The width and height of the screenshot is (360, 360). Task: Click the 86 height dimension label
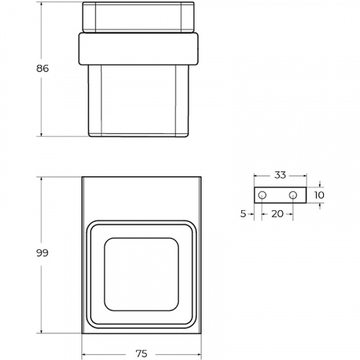point(42,68)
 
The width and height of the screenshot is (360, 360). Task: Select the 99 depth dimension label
point(42,253)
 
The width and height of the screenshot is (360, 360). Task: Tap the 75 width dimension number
point(141,354)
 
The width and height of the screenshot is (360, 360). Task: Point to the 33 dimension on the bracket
point(280,175)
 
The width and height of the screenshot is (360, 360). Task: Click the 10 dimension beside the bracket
point(319,195)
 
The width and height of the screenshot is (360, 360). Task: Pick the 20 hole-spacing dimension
point(277,214)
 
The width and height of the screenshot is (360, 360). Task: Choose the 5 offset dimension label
point(243,214)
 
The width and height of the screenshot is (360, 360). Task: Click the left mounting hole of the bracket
point(262,195)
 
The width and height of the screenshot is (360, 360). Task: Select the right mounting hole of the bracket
point(292,195)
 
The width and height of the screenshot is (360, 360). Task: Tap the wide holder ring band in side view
point(138,49)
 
